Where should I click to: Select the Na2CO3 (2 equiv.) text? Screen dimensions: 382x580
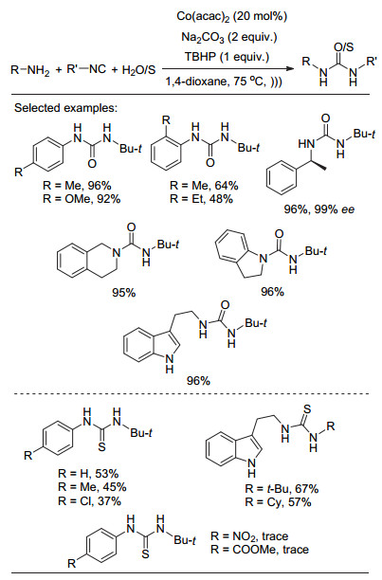[228, 37]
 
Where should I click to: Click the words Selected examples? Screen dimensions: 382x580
[65, 108]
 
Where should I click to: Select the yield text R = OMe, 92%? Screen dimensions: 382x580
[82, 199]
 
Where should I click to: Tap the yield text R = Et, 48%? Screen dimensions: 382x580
[201, 199]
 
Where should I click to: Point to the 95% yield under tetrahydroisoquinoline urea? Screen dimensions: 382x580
[124, 293]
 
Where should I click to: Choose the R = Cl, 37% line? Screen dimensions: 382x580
[89, 501]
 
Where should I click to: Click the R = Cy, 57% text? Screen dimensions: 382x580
[278, 502]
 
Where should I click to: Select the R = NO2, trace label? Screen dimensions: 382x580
[249, 536]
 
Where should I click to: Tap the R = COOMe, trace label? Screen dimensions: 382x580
[260, 550]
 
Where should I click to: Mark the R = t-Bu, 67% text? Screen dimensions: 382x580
[282, 489]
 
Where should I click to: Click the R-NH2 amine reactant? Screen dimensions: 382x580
[30, 70]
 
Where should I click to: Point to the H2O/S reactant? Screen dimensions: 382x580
[138, 70]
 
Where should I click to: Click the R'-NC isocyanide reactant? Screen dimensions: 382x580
[86, 69]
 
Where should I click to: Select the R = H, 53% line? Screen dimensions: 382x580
[88, 474]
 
